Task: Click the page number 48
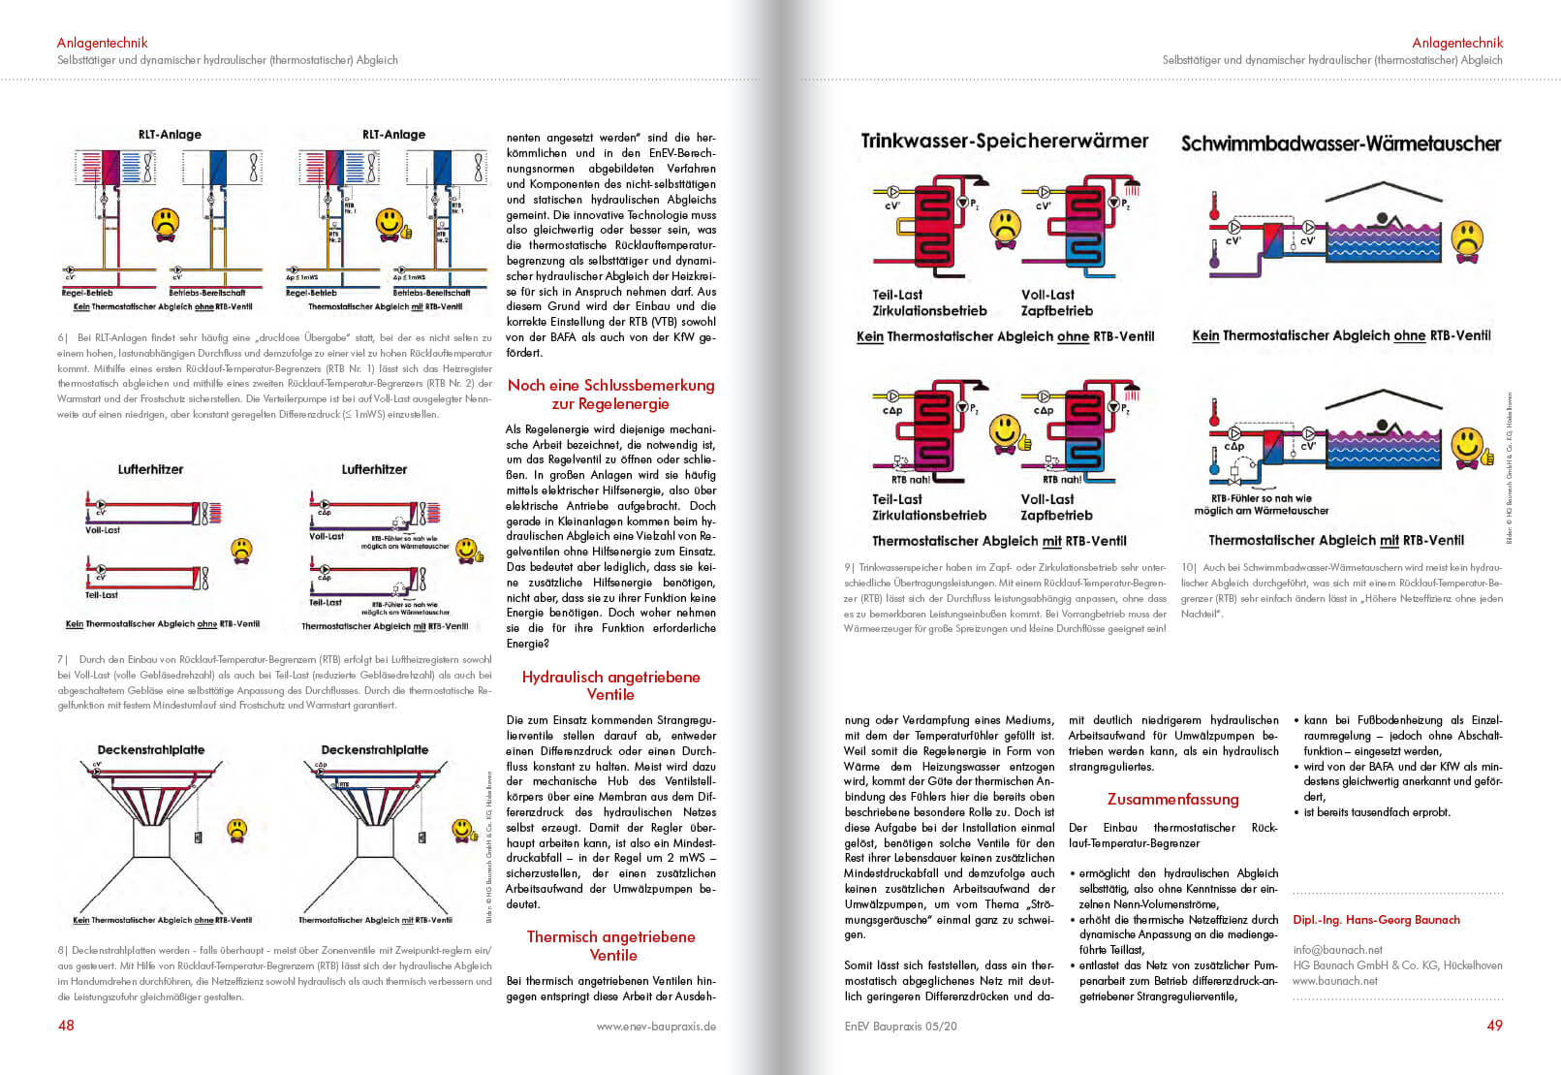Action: tap(66, 1026)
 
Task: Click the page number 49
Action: tap(1494, 1026)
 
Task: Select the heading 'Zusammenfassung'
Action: tap(1172, 800)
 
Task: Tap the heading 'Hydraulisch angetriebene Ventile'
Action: tap(610, 685)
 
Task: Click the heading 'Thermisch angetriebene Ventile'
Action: tap(612, 946)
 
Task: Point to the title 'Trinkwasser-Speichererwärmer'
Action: tap(1005, 142)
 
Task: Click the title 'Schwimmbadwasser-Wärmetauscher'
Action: tap(1341, 143)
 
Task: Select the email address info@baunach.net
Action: tap(1337, 950)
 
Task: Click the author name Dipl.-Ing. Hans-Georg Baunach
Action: tap(1376, 920)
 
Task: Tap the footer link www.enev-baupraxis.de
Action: tap(656, 1026)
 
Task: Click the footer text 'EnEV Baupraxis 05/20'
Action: tap(900, 1026)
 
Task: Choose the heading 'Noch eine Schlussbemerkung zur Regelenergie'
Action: tap(610, 395)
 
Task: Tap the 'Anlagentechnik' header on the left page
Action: tap(102, 43)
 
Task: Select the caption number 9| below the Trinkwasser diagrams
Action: tap(849, 568)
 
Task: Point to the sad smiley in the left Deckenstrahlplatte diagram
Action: tap(236, 830)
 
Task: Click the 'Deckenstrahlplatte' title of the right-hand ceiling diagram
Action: tap(375, 750)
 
